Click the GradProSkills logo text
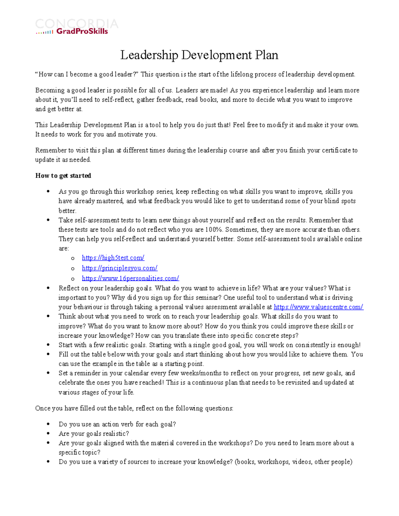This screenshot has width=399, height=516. pyautogui.click(x=82, y=31)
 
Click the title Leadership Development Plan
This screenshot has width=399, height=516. pyautogui.click(x=199, y=55)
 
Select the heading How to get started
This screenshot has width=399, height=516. pyautogui.click(x=63, y=175)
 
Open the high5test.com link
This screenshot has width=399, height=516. pyautogui.click(x=113, y=258)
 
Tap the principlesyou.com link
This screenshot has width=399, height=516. pyautogui.click(x=120, y=268)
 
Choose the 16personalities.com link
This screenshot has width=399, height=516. pyautogui.click(x=130, y=278)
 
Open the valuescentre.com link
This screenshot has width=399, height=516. pyautogui.click(x=318, y=307)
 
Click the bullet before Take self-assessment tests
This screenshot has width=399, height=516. pyautogui.click(x=49, y=220)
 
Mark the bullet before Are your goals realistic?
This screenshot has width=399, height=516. pyautogui.click(x=49, y=434)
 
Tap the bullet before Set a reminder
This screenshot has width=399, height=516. pyautogui.click(x=49, y=373)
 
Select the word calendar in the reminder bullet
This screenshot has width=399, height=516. pyautogui.click(x=143, y=373)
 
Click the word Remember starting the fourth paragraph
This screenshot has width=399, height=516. pyautogui.click(x=51, y=150)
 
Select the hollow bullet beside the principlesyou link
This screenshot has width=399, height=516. pyautogui.click(x=73, y=268)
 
